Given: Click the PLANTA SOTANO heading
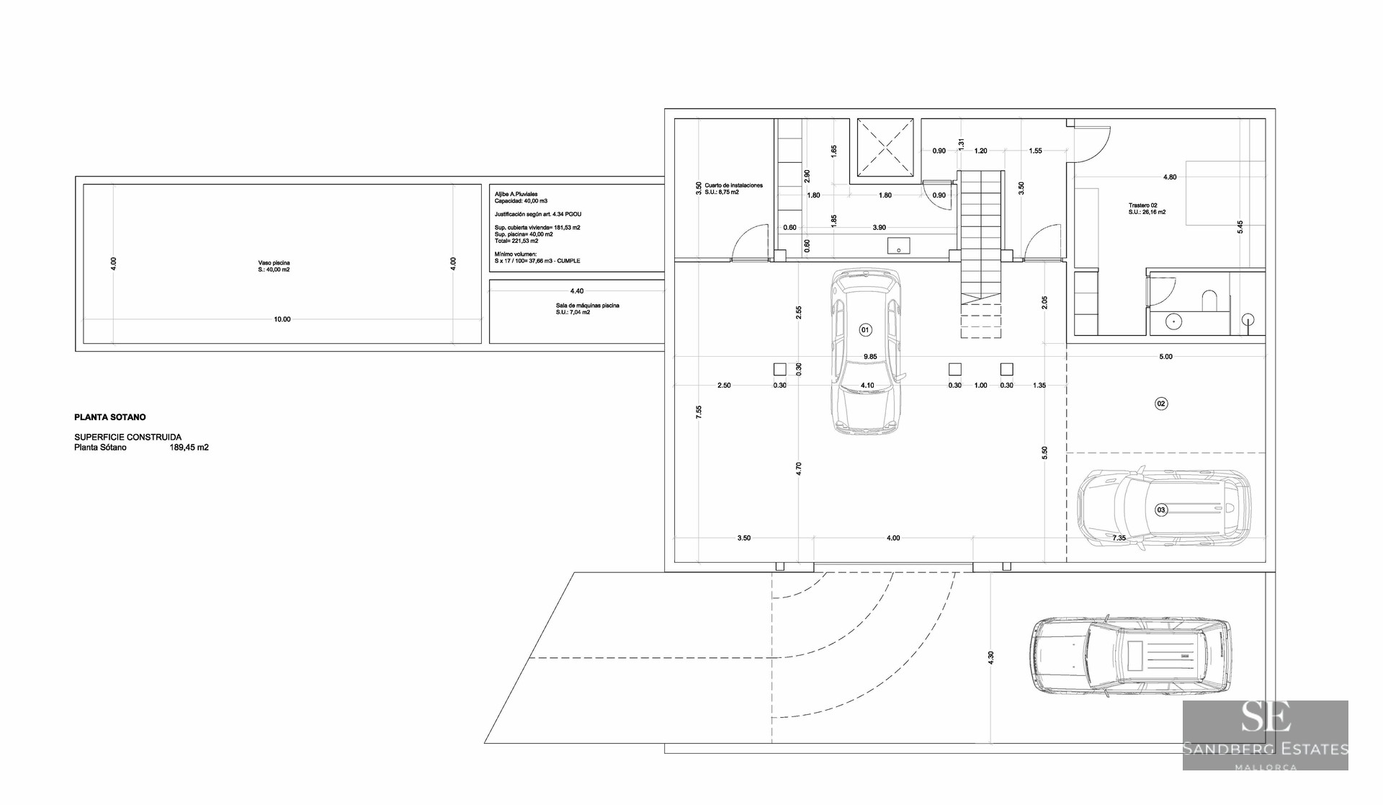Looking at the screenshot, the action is pos(110,417).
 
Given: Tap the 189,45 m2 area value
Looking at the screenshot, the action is pos(189,448).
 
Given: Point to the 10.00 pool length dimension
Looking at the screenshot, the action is pos(282,319).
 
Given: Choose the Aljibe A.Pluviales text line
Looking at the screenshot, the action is pos(516,194).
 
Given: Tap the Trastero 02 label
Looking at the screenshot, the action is pos(1142,205).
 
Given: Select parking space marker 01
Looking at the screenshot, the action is pos(866,329).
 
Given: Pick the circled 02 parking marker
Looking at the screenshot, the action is pos(1161,404).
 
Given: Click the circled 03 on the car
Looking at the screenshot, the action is pos(1160,510).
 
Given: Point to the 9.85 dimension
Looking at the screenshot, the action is pos(870,357).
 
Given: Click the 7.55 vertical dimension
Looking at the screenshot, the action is pos(699,412).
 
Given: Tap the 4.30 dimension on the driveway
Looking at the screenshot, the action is pos(990,657).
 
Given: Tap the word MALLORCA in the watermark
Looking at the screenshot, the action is pos(1266,767).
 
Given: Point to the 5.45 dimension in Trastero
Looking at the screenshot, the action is pos(1240,226).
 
